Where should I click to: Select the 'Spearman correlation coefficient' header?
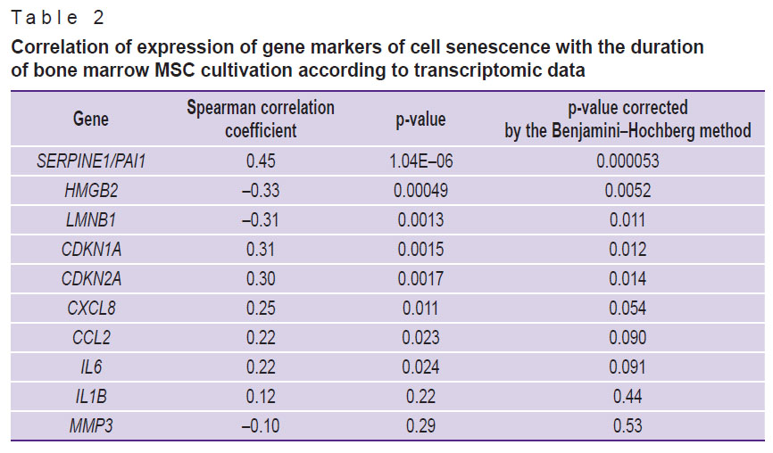261,119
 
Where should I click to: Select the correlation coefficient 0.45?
261,161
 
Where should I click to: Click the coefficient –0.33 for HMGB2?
261,191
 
